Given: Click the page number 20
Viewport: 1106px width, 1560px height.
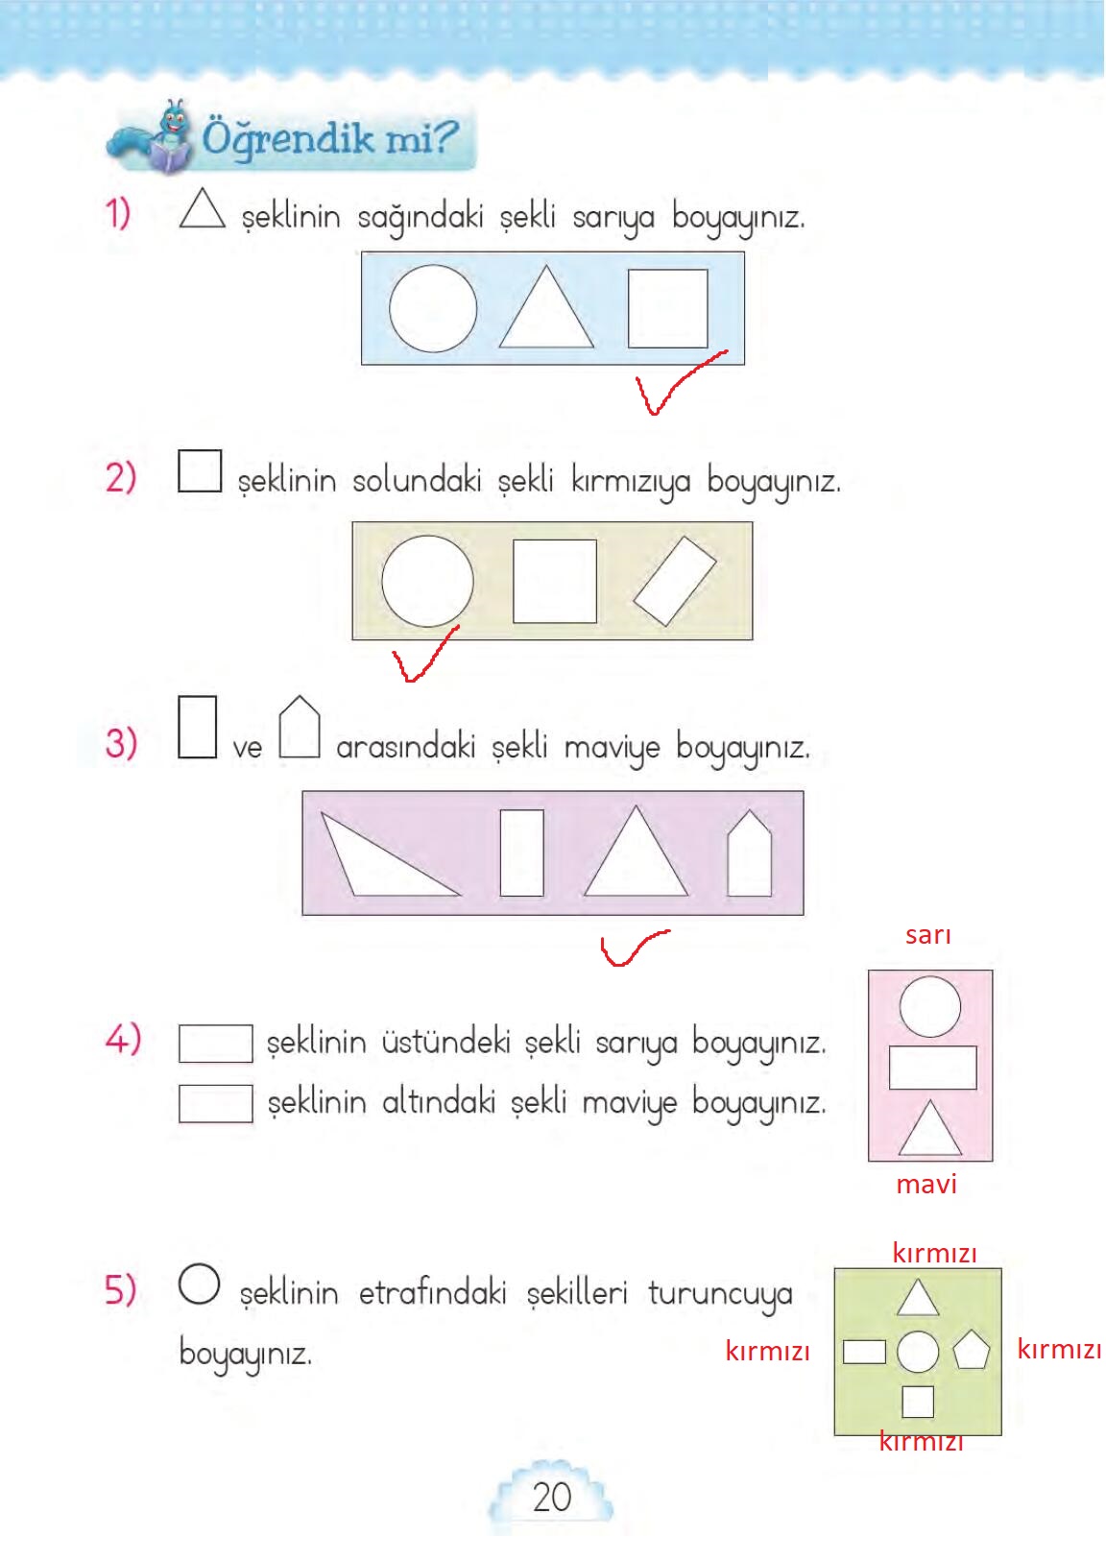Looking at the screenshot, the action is pyautogui.click(x=552, y=1497).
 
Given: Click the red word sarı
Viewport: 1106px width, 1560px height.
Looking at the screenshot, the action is pyautogui.click(x=927, y=935).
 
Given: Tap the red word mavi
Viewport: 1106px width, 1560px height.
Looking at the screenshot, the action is pyautogui.click(x=926, y=1185).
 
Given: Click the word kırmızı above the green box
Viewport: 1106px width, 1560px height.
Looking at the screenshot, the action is pyautogui.click(x=935, y=1254).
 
